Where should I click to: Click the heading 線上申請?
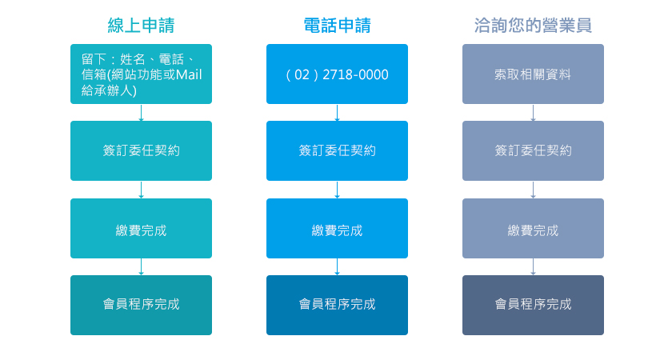[141, 26]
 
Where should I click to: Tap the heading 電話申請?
[337, 26]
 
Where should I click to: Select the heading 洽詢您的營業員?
[533, 26]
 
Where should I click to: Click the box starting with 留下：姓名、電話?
[141, 74]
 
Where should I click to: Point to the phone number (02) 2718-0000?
[337, 74]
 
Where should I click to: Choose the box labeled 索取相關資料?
[533, 74]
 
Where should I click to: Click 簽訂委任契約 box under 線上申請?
[141, 150]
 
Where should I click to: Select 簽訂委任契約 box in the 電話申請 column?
[337, 150]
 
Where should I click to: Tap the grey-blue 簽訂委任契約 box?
[533, 150]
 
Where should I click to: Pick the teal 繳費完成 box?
[141, 228]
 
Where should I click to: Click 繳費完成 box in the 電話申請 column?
[337, 228]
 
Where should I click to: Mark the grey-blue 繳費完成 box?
[533, 228]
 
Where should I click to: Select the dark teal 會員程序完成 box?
[141, 305]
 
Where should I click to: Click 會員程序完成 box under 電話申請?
[337, 305]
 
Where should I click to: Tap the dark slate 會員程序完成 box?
[533, 305]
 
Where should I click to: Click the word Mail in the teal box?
[189, 74]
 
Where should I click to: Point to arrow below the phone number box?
[337, 113]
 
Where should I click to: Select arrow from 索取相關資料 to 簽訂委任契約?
[533, 113]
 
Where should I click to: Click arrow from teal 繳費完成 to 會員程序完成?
[141, 266]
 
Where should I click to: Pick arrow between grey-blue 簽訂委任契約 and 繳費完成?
[533, 190]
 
